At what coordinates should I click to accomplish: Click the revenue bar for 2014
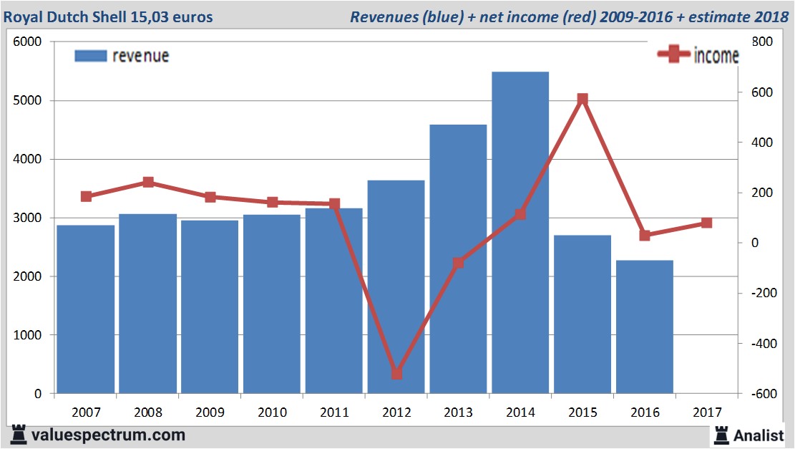[520, 233]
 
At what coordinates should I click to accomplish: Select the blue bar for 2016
[644, 327]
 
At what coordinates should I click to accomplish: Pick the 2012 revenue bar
[396, 286]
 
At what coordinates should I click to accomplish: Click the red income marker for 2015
[582, 99]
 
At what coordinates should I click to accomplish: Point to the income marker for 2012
[396, 374]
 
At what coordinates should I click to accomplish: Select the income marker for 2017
[706, 223]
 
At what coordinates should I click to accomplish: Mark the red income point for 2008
[148, 183]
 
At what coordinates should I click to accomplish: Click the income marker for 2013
[458, 263]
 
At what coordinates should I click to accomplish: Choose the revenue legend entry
[122, 56]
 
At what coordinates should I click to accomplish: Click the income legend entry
[698, 56]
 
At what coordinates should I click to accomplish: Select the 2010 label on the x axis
[272, 412]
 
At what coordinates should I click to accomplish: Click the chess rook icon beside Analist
[721, 434]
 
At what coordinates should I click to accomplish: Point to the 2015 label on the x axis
[582, 412]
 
